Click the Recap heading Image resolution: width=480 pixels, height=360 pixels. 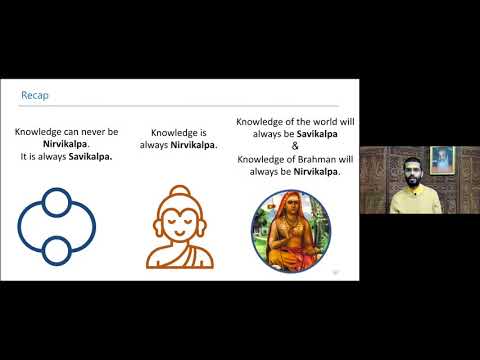[36, 96]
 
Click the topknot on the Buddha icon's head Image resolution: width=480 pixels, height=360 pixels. [179, 190]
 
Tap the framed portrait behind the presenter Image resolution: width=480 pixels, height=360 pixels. [441, 160]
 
